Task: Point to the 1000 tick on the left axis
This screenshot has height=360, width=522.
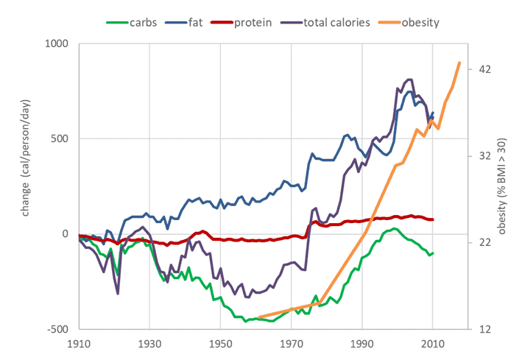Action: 56,43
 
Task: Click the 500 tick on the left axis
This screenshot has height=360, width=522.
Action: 59,138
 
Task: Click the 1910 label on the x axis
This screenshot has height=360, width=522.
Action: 78,344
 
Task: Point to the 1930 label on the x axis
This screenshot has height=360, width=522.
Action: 149,344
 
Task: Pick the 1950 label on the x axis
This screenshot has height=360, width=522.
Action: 219,344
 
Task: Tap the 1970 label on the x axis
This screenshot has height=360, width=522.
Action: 290,344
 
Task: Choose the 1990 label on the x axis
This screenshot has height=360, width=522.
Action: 361,344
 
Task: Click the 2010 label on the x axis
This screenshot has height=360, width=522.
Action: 432,344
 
